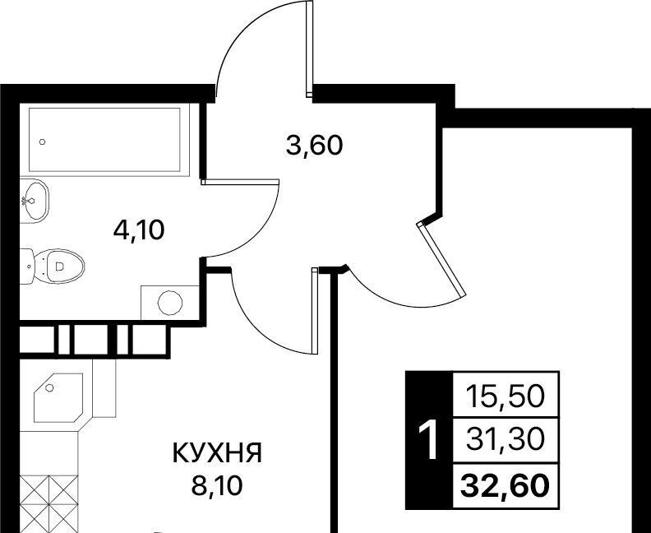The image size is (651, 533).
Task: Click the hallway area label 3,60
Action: pos(313,146)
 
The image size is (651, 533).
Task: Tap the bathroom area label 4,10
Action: pos(139,229)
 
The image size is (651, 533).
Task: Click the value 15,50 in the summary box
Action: pos(505,397)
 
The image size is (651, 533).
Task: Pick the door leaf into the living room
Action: pos(442,258)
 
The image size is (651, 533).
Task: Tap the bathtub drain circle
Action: pos(41,141)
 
